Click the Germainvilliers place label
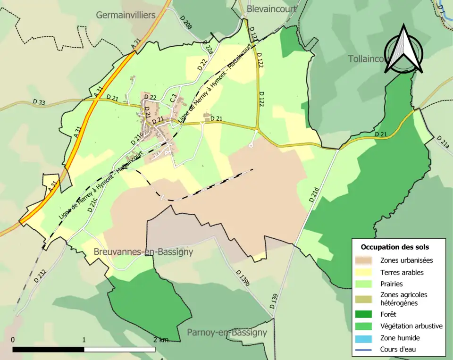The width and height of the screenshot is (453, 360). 126,15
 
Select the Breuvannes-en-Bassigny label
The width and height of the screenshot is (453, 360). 143,252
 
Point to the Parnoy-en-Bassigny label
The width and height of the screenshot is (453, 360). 227,332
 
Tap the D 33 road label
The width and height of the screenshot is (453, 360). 40,102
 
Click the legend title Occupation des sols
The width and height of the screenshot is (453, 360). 394,247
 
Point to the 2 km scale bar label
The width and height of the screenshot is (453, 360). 160,340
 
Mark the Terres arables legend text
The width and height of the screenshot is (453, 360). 402,272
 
